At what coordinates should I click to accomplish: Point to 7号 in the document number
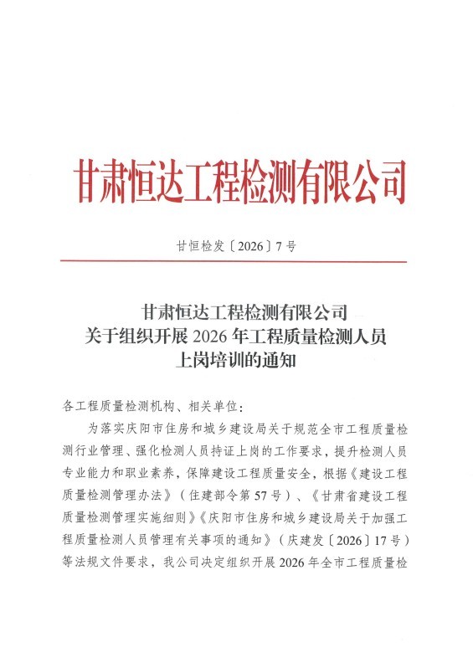(285, 247)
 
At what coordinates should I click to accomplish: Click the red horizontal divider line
(236, 262)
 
